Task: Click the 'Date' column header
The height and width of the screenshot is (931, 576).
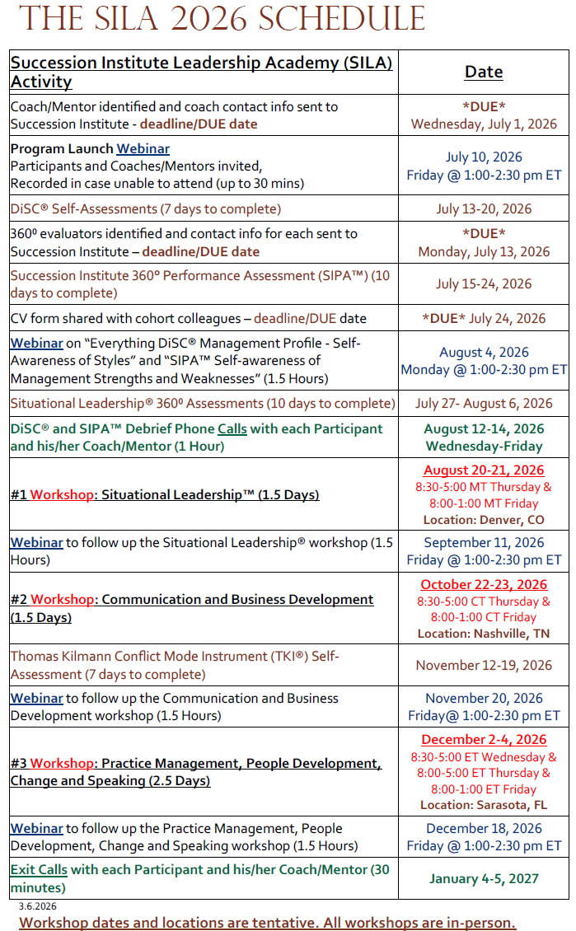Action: [484, 72]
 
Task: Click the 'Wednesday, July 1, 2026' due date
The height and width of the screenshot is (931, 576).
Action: [484, 124]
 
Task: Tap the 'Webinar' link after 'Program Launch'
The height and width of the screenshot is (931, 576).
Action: [143, 149]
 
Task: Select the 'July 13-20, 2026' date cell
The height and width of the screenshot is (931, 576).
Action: [484, 209]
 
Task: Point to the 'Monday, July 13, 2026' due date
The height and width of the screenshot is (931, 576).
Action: [484, 252]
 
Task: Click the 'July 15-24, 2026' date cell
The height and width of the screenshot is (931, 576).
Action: [484, 284]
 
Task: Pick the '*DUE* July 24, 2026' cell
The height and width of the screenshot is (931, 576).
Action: [484, 319]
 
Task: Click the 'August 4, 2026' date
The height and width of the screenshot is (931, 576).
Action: [484, 353]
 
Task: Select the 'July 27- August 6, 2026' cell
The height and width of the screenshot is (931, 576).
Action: [484, 404]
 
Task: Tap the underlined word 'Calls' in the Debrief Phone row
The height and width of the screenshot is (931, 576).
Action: [235, 429]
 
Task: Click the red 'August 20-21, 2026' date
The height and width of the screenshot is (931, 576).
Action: [484, 470]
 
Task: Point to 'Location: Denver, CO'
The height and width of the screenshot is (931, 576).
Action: [484, 520]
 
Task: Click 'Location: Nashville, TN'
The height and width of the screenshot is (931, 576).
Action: [484, 634]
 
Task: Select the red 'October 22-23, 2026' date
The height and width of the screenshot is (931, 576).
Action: [484, 585]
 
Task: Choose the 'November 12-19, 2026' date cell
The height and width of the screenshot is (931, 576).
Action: [484, 666]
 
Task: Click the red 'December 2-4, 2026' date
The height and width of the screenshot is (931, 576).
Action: [484, 740]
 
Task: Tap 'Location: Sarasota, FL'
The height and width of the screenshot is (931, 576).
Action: [484, 805]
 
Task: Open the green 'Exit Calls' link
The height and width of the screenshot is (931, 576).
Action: [39, 869]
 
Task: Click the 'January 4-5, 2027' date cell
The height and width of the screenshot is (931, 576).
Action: [484, 878]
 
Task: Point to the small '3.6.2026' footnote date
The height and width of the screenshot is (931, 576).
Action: [38, 906]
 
